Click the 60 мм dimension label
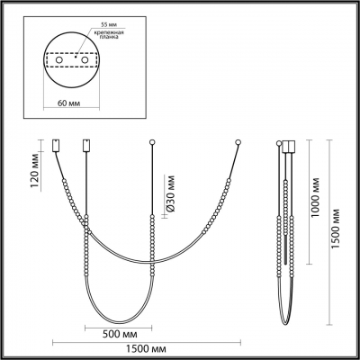(x=68, y=103)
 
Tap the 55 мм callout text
(x=106, y=23)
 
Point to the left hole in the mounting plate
(x=59, y=60)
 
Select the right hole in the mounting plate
(x=85, y=60)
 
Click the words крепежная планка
(x=107, y=34)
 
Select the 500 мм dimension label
(x=120, y=334)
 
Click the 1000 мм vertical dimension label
(x=315, y=198)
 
